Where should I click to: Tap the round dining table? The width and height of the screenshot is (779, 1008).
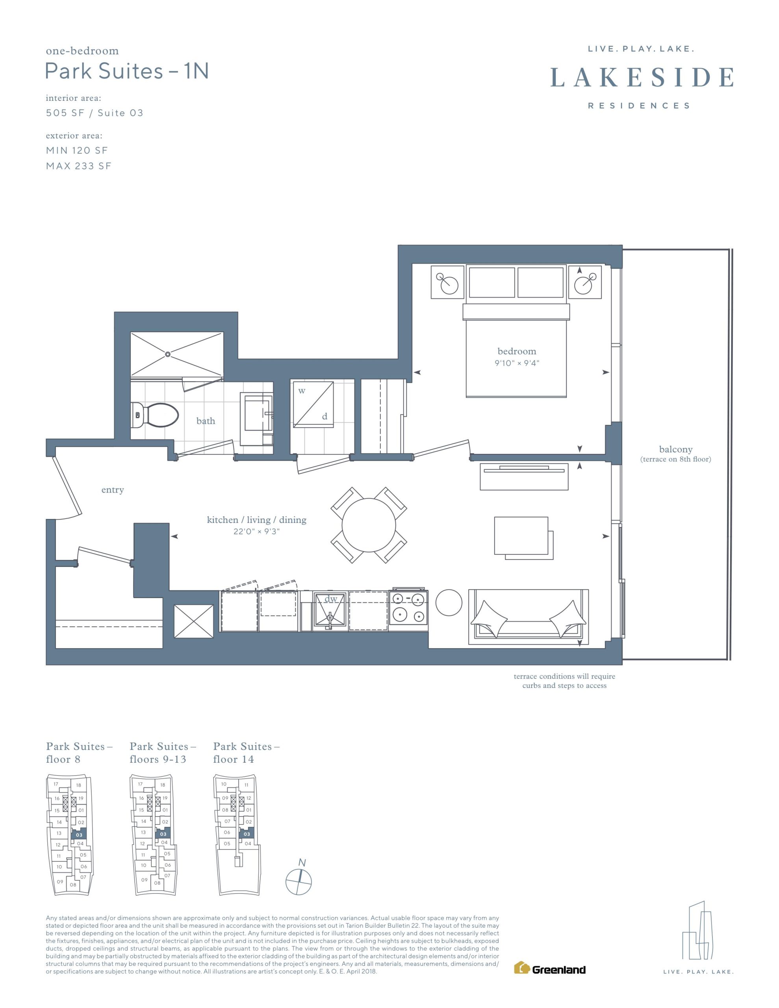coord(369,525)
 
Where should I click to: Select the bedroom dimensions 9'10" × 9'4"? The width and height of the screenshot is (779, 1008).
coord(517,363)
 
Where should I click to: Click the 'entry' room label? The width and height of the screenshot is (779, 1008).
coord(113,490)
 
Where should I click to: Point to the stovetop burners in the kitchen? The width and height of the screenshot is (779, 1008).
coord(408,608)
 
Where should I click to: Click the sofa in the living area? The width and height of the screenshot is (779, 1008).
coord(528,617)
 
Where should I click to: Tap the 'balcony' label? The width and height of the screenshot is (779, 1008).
coord(675,449)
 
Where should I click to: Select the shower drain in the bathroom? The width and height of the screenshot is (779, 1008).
coord(168,354)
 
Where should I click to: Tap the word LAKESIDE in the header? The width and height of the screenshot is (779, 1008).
coord(642,77)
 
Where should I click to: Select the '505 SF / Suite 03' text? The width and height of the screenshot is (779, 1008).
coord(95,113)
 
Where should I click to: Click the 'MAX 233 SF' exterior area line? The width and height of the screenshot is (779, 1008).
coord(78,166)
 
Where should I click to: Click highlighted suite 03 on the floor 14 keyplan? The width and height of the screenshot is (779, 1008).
coord(247,834)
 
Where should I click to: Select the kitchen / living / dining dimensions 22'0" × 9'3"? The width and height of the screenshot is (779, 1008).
coord(257,531)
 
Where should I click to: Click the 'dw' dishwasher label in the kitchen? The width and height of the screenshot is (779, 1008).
coord(331,599)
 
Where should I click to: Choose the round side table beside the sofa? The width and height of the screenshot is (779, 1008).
coord(449,602)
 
